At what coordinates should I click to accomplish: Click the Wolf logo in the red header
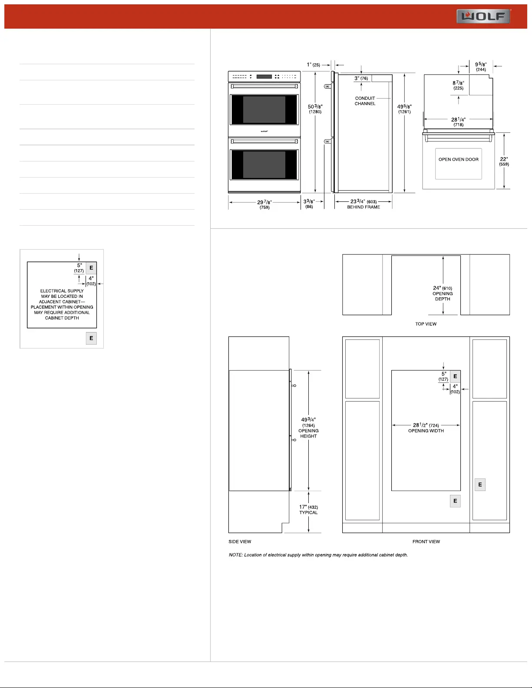(483, 16)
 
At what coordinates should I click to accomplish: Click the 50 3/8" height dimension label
(315, 109)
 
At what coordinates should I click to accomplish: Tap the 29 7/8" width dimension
(264, 204)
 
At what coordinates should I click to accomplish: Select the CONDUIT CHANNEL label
(365, 101)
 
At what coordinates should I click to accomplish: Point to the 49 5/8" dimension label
(404, 109)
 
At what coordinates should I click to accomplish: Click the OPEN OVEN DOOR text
(458, 160)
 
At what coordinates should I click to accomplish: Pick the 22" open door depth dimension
(504, 161)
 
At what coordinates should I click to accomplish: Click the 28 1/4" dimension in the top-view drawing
(458, 122)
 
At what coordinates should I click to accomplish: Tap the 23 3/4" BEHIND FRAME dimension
(363, 204)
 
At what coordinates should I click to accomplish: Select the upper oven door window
(264, 109)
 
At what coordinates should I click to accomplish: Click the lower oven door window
(264, 165)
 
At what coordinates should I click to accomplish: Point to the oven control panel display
(264, 76)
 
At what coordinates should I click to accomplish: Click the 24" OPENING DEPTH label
(443, 293)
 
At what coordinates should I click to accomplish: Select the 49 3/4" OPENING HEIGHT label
(308, 428)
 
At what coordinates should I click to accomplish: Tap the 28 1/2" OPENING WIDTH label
(426, 428)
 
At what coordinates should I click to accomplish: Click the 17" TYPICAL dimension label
(308, 510)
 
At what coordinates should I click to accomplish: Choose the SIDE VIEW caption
(240, 542)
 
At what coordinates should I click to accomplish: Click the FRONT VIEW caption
(426, 542)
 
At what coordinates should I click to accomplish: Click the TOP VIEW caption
(426, 324)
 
